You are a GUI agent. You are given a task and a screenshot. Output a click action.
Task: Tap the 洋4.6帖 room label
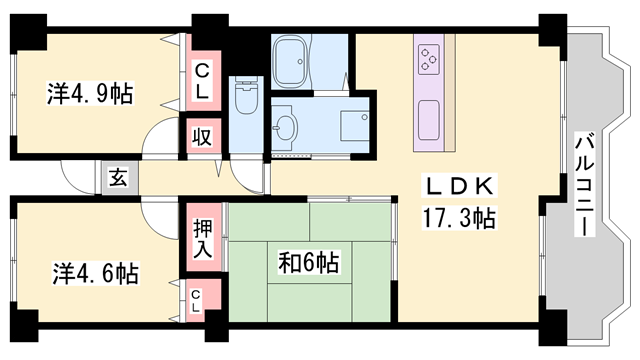[x=95, y=272]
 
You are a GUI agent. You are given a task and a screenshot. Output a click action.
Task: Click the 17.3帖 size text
[x=456, y=216]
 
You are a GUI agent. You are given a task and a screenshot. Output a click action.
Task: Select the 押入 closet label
[x=200, y=238]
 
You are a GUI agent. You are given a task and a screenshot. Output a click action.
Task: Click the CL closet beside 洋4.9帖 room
[x=202, y=80]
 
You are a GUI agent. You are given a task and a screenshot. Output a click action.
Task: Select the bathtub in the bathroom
[x=293, y=62]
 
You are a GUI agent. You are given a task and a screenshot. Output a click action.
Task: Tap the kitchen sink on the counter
[x=431, y=118]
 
